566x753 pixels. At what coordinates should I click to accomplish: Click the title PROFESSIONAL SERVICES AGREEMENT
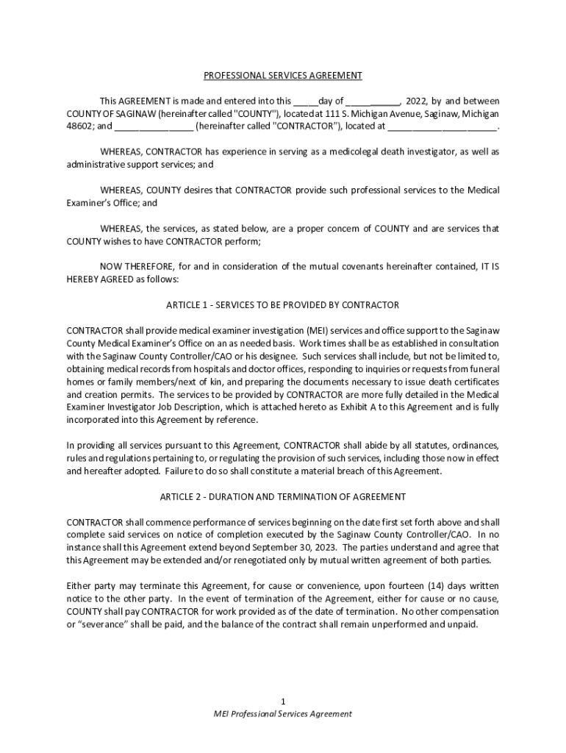click(283, 76)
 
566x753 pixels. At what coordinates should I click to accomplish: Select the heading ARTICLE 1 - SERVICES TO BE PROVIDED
click(283, 304)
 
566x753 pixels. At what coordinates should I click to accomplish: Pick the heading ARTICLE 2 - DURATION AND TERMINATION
click(283, 497)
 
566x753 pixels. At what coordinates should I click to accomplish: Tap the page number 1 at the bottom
click(283, 702)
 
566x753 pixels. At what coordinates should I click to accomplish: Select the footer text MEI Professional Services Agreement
click(283, 713)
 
